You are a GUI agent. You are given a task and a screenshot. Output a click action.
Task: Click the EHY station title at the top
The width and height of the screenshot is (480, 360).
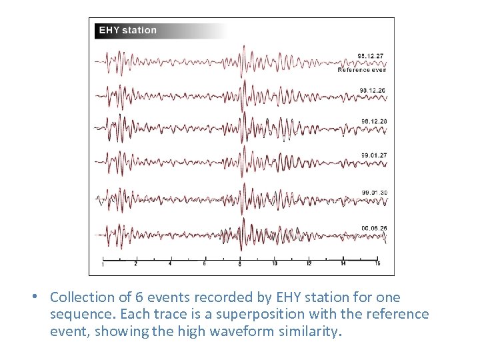click(x=128, y=30)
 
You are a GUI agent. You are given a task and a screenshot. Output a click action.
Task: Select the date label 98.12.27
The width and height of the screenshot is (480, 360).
click(x=371, y=56)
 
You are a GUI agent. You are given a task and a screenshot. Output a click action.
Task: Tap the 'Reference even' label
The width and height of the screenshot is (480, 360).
click(x=362, y=69)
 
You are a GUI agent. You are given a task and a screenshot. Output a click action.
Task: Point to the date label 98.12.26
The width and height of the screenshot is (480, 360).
click(x=373, y=90)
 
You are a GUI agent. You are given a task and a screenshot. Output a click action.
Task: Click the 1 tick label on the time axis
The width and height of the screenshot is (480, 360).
click(x=102, y=265)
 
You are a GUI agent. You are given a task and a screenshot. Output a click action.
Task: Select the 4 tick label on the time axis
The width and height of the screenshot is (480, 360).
click(x=170, y=264)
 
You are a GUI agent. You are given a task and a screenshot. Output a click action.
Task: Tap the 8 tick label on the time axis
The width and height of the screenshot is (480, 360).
click(x=239, y=265)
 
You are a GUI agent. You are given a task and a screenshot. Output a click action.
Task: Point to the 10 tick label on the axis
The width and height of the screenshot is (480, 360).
click(x=275, y=264)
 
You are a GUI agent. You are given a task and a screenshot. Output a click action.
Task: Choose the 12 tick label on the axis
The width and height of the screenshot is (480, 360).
click(x=309, y=264)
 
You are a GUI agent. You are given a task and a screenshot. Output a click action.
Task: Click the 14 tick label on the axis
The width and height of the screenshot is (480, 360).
click(x=343, y=264)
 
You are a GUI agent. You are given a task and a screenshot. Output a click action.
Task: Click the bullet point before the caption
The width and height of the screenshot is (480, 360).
click(x=41, y=297)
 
